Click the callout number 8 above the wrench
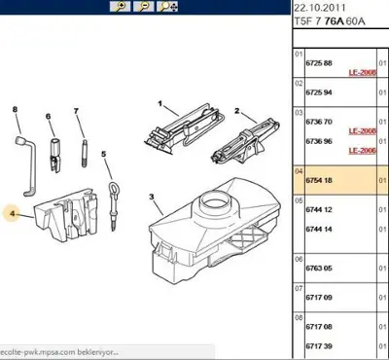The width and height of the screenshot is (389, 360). pos(16,110)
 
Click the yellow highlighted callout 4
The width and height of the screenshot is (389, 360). pos(14,212)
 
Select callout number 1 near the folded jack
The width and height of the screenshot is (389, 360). pos(159,102)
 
